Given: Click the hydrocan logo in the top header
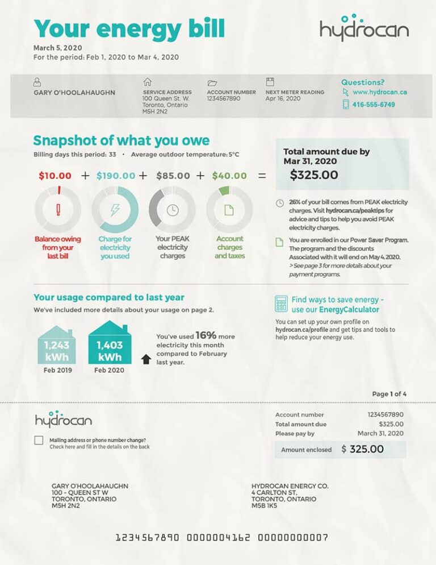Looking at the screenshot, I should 364,28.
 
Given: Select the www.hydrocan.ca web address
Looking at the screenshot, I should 379,92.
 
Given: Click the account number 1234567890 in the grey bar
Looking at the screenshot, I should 224,98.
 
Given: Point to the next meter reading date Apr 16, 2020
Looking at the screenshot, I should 283,98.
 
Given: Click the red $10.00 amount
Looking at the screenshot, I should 55,176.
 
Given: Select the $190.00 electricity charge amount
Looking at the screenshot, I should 116,176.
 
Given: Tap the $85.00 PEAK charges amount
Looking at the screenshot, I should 173,176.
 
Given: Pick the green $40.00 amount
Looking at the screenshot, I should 229,176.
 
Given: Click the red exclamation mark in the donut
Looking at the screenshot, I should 58,210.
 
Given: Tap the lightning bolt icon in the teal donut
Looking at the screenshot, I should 115,210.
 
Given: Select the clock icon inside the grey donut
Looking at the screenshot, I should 172,210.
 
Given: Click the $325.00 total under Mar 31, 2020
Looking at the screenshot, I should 314,175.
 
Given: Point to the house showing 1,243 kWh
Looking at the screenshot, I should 56,346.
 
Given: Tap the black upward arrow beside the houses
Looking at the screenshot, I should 146,359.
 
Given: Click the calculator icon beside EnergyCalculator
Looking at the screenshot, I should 281,304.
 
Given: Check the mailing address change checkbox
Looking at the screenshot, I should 39,441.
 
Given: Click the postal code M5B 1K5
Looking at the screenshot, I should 264,505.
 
